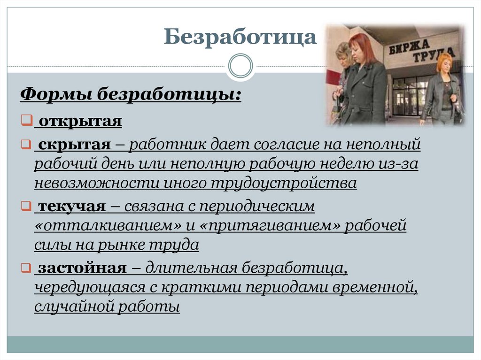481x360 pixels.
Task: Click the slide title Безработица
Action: (240, 37)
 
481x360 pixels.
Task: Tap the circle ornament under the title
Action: (240, 66)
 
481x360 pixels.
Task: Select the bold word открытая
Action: (80, 122)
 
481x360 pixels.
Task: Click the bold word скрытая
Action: (75, 145)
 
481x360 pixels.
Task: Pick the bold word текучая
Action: (72, 206)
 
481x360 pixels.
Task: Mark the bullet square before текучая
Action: (25, 206)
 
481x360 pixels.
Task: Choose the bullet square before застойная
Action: (25, 268)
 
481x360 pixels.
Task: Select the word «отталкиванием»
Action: (108, 225)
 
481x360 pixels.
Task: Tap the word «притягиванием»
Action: (270, 225)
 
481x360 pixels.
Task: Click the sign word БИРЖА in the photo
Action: (409, 45)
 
